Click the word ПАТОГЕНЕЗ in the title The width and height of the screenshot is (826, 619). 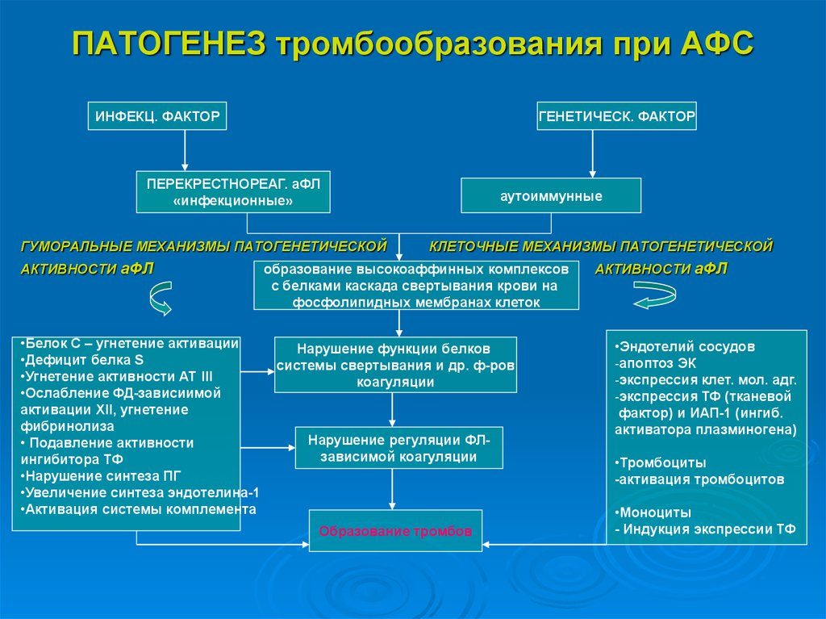tap(169, 44)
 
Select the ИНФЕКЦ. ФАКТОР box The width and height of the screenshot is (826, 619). tap(157, 116)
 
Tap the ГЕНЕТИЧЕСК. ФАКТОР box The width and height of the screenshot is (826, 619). tap(617, 116)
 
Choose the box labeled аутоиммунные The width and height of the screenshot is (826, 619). tap(551, 195)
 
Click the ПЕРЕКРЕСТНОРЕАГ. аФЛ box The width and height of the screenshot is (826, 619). tap(233, 192)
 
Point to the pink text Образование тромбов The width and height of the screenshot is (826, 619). tap(395, 531)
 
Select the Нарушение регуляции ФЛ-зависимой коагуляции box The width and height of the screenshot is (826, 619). tap(398, 448)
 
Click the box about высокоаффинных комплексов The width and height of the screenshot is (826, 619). tap(416, 285)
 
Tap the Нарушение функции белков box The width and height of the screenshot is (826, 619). tap(395, 365)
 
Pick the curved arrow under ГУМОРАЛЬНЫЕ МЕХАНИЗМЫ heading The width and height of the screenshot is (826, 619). tap(161, 299)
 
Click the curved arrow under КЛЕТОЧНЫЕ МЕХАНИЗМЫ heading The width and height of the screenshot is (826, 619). tap(654, 295)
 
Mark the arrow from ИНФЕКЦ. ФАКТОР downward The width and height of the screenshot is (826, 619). tap(185, 150)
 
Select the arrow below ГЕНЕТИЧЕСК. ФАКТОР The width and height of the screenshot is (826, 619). tap(592, 153)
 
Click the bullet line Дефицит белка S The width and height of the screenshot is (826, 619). tap(82, 360)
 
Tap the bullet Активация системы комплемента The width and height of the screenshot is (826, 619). tap(139, 509)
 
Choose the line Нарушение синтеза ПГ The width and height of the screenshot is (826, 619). tap(101, 476)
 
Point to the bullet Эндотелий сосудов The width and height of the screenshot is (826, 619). tap(685, 347)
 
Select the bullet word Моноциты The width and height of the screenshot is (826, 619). tap(653, 512)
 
